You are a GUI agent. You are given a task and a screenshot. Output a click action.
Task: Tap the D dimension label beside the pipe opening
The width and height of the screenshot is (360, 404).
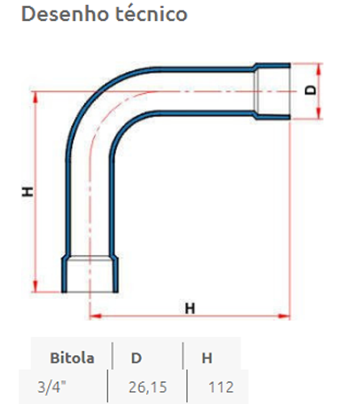pos(312,90)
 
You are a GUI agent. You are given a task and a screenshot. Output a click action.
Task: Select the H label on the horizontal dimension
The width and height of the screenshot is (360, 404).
pos(190,308)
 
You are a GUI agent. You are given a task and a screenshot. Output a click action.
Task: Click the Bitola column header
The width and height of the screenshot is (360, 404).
pos(72,356)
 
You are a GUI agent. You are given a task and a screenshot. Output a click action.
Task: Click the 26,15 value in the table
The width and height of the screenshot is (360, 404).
pos(144,386)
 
